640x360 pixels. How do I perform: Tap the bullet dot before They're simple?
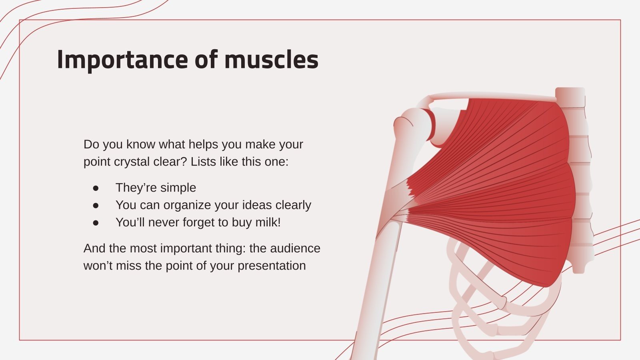[96, 188]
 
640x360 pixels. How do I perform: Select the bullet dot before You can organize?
[96, 205]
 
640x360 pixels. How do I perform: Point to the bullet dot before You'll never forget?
[96, 222]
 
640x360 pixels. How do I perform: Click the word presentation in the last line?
[272, 266]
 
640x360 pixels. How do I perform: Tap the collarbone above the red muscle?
[492, 96]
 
